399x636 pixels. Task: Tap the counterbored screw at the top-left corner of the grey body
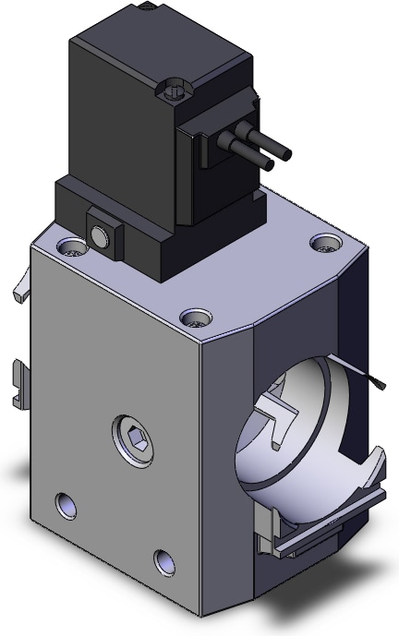tap(72, 247)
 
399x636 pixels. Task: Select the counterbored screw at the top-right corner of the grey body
tap(322, 245)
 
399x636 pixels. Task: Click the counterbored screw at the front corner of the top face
tap(194, 318)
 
